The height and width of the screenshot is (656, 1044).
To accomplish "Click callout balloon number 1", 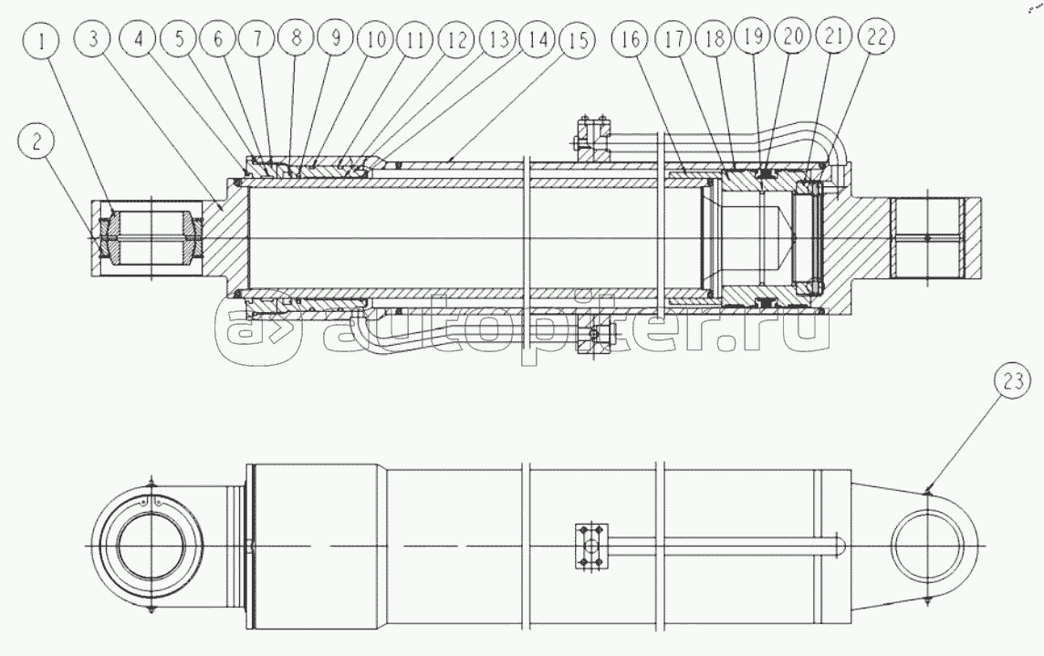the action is click(x=41, y=41).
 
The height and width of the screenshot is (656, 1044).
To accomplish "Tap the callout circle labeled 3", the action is click(x=93, y=38).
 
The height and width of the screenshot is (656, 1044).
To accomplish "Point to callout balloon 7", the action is click(x=256, y=38).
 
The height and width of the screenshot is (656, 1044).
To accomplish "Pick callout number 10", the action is click(x=376, y=38).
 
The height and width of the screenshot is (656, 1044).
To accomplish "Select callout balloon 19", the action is click(x=754, y=36).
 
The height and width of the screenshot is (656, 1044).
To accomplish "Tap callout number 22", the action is click(x=875, y=36).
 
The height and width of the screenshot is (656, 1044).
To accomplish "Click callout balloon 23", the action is click(x=1013, y=381).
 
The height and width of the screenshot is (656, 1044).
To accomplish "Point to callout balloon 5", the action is click(x=179, y=38).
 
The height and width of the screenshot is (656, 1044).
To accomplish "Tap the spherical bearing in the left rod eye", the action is click(x=151, y=238).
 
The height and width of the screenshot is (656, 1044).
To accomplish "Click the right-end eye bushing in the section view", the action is click(x=927, y=238).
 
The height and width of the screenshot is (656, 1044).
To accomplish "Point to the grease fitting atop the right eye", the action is click(x=926, y=491).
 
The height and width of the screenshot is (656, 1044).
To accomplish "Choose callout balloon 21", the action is click(x=833, y=36).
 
